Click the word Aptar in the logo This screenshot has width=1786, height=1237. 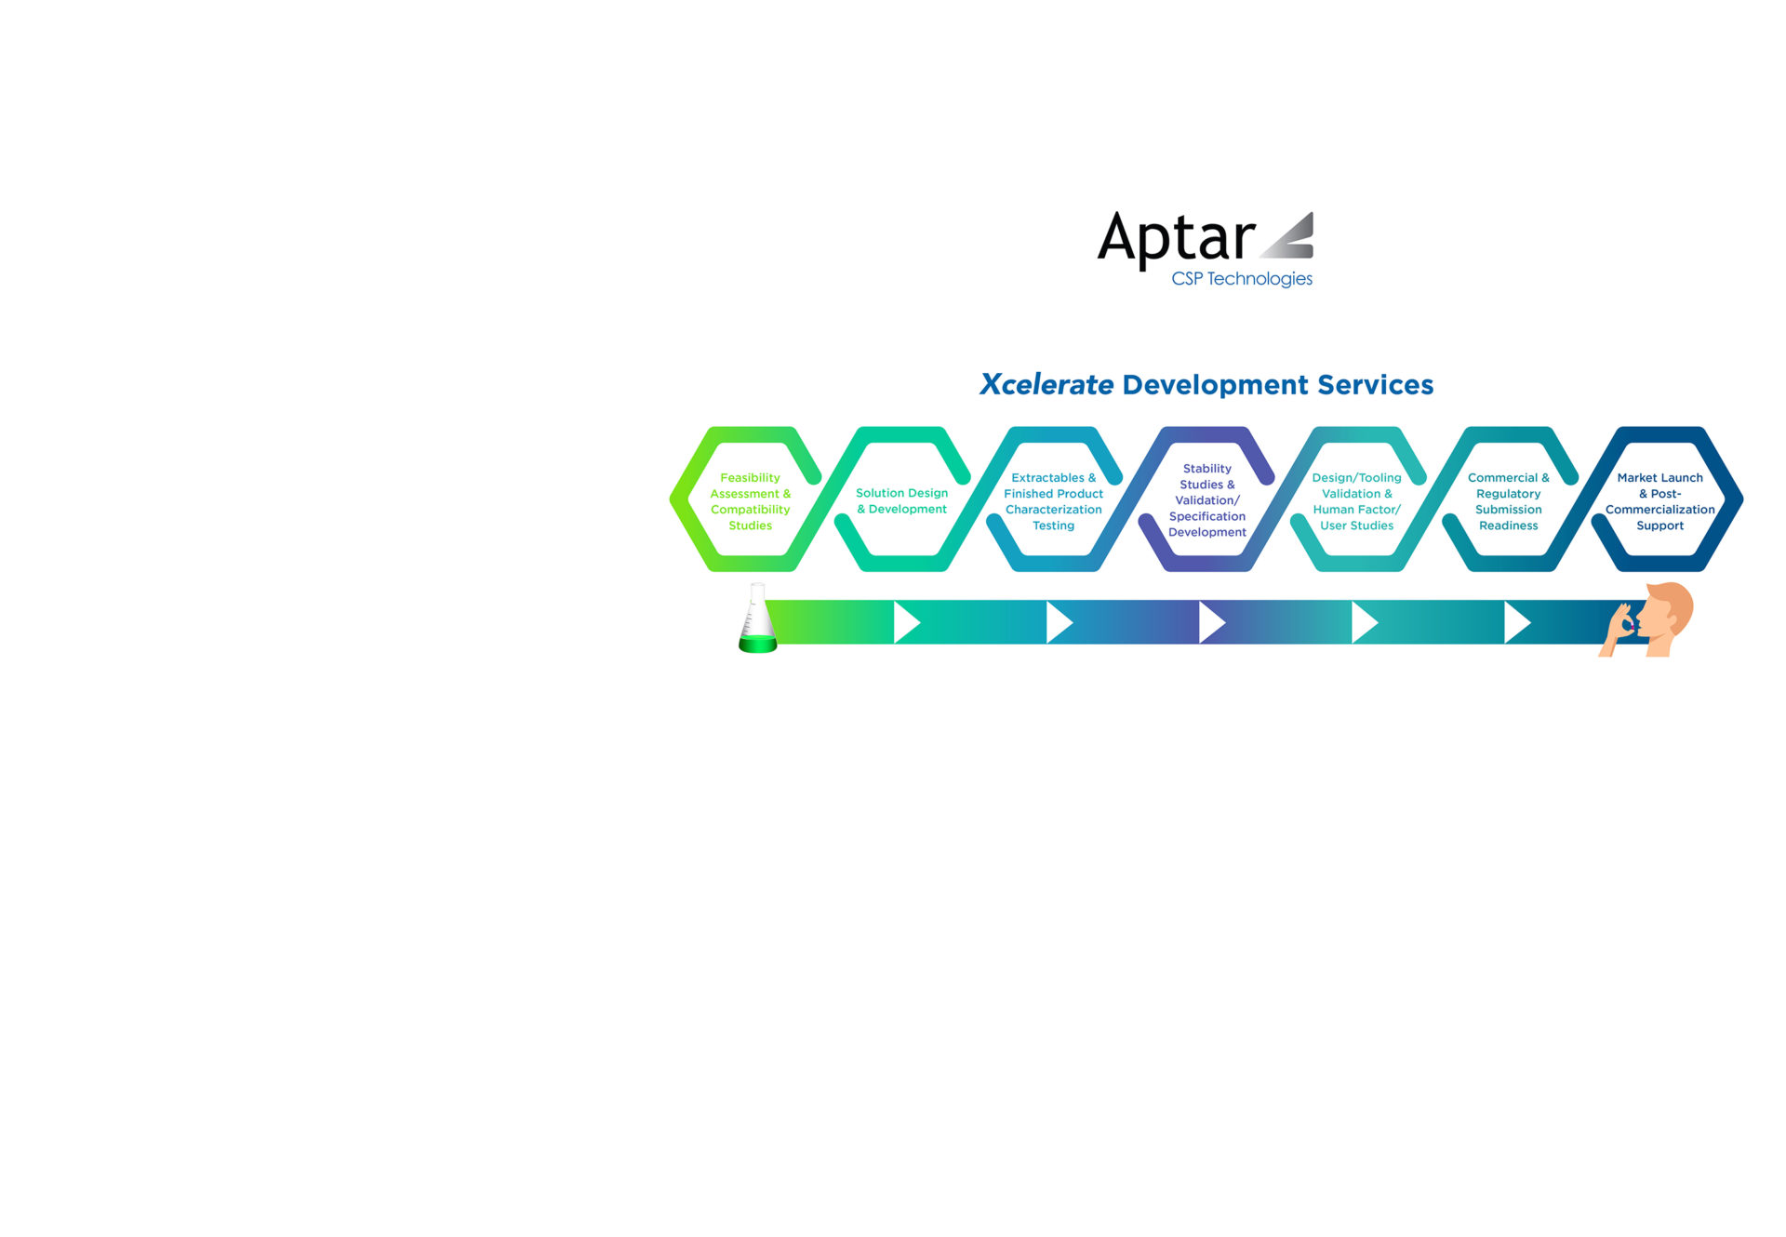coord(1176,239)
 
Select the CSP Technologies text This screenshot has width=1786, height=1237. coord(1242,279)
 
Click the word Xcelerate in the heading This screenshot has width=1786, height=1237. coord(1046,384)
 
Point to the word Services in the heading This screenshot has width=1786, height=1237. coord(1375,384)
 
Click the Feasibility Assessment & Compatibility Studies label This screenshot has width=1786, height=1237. coord(750,501)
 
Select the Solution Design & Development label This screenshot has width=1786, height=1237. coord(901,501)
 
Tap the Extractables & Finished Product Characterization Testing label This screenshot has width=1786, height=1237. coord(1053,501)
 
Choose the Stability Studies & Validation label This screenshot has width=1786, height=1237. coord(1206,500)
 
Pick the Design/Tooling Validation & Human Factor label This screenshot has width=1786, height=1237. coord(1356,501)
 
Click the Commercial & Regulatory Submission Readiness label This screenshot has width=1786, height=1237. coord(1508,501)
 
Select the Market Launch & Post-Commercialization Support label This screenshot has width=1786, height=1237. coord(1659,501)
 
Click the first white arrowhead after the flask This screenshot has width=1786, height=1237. coord(906,622)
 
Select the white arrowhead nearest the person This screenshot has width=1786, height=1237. coord(1517,622)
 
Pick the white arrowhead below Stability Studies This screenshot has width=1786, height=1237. coord(1212,622)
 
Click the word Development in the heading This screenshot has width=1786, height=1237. coord(1215,385)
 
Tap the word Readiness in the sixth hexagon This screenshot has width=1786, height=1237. coord(1508,525)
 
